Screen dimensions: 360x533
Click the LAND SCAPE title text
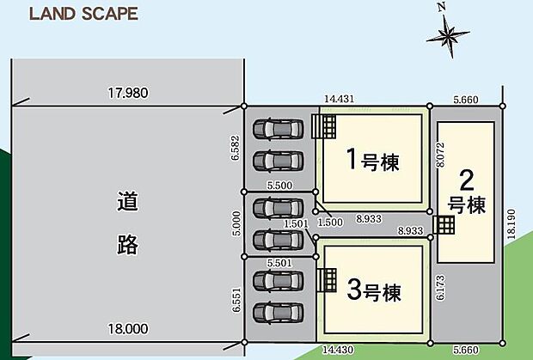(x=83, y=15)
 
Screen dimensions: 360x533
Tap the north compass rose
(x=448, y=35)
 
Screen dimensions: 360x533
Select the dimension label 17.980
(x=126, y=94)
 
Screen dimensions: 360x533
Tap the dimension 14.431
(x=340, y=100)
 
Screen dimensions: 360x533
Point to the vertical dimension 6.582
(x=235, y=148)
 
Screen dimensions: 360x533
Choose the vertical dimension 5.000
(x=235, y=223)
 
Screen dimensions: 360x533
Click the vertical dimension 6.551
(x=235, y=301)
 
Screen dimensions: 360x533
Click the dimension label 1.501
(x=296, y=224)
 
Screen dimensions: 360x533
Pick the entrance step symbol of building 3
(x=326, y=280)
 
